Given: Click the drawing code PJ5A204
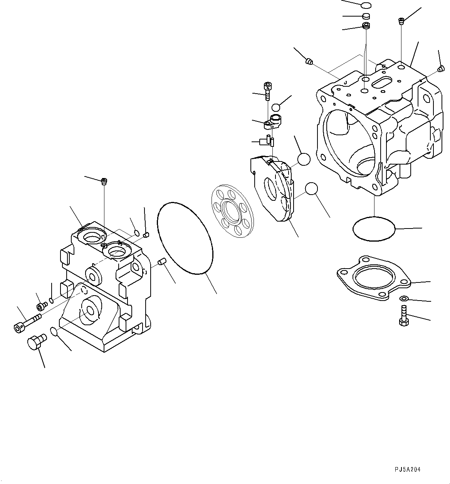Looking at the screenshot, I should (x=408, y=469).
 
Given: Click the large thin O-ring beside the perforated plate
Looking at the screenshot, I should (x=185, y=238).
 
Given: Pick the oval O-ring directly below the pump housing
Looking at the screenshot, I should (x=374, y=229).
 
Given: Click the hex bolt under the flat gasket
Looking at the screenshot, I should (x=403, y=316).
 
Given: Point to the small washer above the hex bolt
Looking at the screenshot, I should (x=403, y=298).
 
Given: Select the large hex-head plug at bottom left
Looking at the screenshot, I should (x=35, y=342).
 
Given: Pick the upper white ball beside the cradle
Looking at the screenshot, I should (x=304, y=159).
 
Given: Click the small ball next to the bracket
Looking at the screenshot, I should (x=276, y=108).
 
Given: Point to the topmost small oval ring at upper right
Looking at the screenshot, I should (x=366, y=5).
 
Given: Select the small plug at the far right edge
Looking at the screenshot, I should (x=440, y=69).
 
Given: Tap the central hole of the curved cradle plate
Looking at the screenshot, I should (x=272, y=188).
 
